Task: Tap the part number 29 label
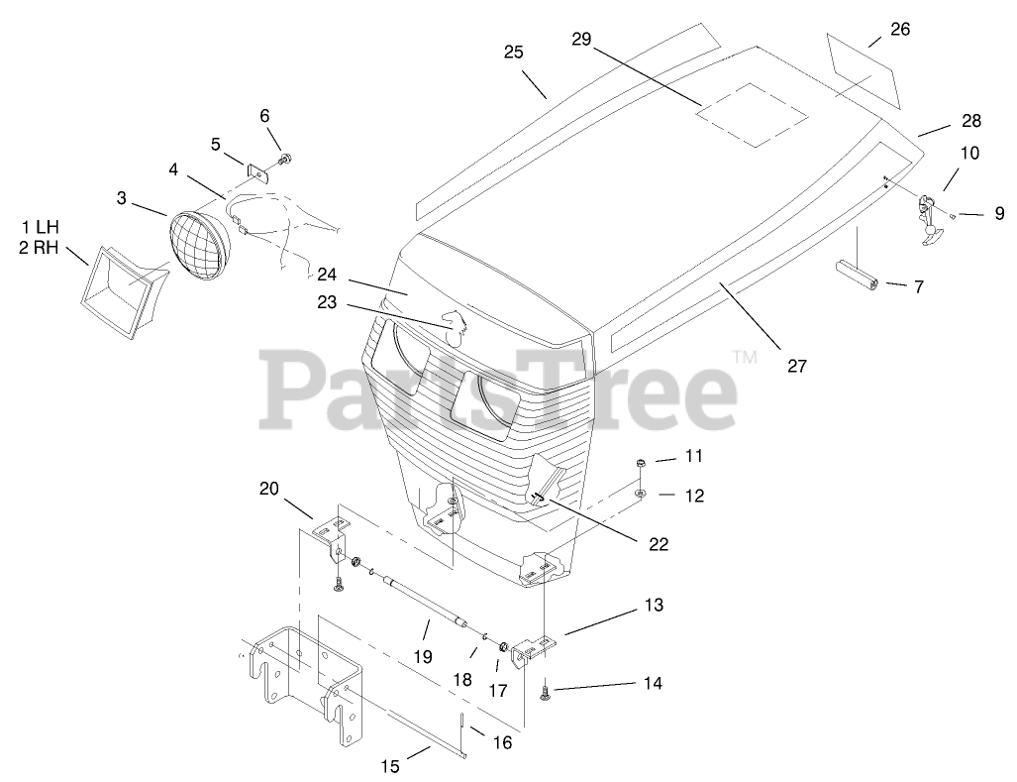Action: click(x=581, y=39)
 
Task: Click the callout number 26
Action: click(x=899, y=30)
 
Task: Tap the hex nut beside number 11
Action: click(x=641, y=462)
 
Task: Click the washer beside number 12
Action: click(x=642, y=493)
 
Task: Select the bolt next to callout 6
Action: click(x=285, y=159)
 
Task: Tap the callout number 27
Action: click(x=797, y=366)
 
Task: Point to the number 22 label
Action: click(x=658, y=543)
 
